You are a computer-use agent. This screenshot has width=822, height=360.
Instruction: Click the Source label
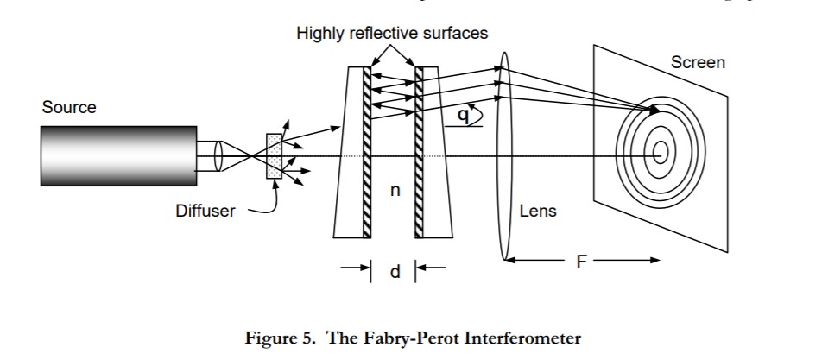tap(69, 108)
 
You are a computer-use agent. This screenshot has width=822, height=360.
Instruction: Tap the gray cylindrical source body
tap(117, 155)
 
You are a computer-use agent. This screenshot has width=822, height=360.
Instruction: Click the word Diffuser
tap(205, 210)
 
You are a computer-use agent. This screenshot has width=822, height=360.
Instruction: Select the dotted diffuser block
tap(274, 156)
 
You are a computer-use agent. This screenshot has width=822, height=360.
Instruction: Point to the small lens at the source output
tap(218, 156)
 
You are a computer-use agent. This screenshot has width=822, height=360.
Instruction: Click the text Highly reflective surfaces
tap(392, 34)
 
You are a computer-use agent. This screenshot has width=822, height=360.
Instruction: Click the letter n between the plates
tap(395, 191)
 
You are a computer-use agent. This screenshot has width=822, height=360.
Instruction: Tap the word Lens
tap(539, 210)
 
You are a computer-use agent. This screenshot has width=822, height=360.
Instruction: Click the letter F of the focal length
tap(582, 261)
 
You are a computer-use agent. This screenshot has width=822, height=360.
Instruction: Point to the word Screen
tap(698, 62)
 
